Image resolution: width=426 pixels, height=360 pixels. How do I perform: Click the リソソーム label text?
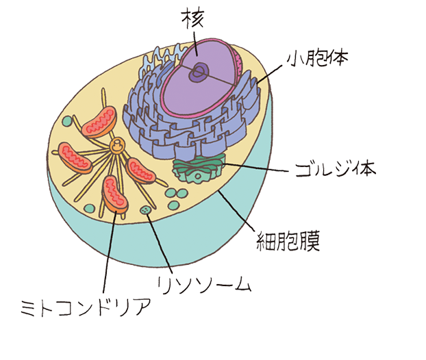(204, 284)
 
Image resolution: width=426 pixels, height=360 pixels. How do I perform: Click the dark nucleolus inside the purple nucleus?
(200, 70)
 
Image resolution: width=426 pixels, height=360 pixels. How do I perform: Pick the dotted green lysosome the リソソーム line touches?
(146, 209)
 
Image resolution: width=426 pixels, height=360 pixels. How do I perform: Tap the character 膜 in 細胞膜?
(307, 239)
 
